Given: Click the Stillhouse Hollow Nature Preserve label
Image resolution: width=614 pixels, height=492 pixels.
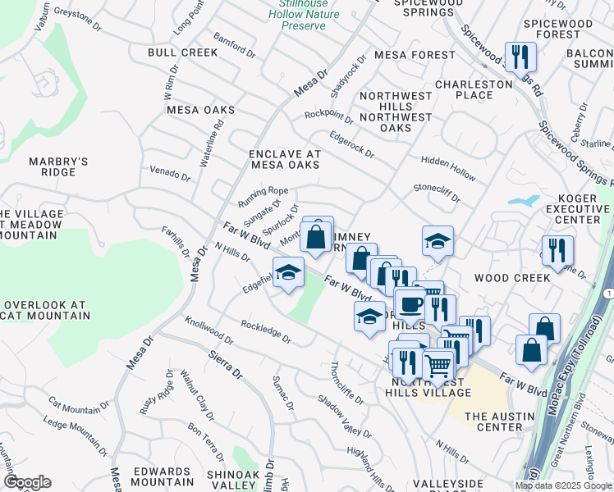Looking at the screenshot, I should coord(303,14).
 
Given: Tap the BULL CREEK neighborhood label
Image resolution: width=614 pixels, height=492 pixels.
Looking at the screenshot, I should coord(183,52).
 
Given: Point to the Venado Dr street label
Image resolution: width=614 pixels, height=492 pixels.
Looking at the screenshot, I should coord(170,174).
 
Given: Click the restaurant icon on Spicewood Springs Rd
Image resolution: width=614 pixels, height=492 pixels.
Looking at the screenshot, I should coord(520,56).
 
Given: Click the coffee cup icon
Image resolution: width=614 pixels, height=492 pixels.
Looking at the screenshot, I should coord(410,303).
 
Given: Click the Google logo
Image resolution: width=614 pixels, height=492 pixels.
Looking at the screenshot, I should coord(27,482).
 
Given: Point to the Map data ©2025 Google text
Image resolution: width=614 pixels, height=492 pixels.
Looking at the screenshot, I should coord(563,485).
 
